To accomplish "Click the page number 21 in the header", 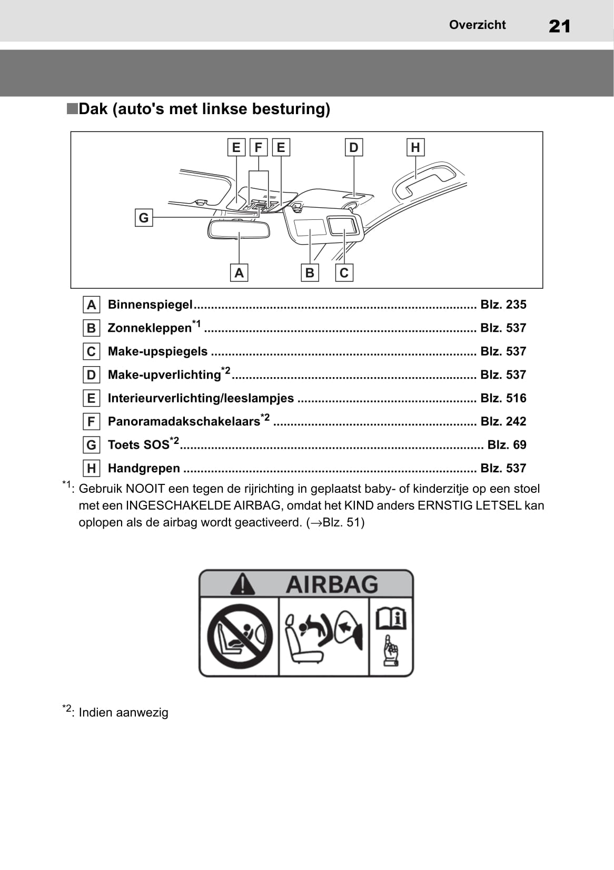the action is (x=559, y=26).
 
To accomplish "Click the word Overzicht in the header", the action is (x=477, y=25).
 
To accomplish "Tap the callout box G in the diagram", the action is (x=143, y=218).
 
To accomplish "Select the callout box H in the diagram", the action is (x=415, y=147).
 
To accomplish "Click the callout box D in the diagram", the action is (x=354, y=147).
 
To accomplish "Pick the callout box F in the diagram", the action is (x=258, y=147).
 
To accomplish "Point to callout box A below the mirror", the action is (x=239, y=272).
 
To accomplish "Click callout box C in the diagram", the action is (x=344, y=272).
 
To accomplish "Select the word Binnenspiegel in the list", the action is (x=150, y=305).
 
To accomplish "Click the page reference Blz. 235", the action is (x=503, y=305).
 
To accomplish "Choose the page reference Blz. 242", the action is (x=503, y=421).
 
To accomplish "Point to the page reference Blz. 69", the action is (x=507, y=444).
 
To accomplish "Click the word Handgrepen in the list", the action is (x=144, y=469).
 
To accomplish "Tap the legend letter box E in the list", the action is (x=92, y=398).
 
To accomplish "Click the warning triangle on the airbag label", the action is (x=242, y=584).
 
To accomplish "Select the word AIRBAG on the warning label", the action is (x=332, y=585).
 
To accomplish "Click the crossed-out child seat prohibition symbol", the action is (x=240, y=636).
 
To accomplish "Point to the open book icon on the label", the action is (x=391, y=619).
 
